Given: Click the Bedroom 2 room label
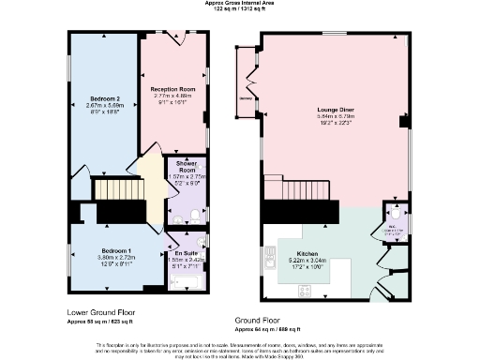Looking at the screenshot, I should click(105, 98).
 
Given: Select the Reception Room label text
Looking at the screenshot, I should click(172, 89).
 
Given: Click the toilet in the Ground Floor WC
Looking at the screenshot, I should click(397, 214).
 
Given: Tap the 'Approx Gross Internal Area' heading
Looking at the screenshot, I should click(239, 3).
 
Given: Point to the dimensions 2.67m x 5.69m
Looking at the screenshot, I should click(105, 105).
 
